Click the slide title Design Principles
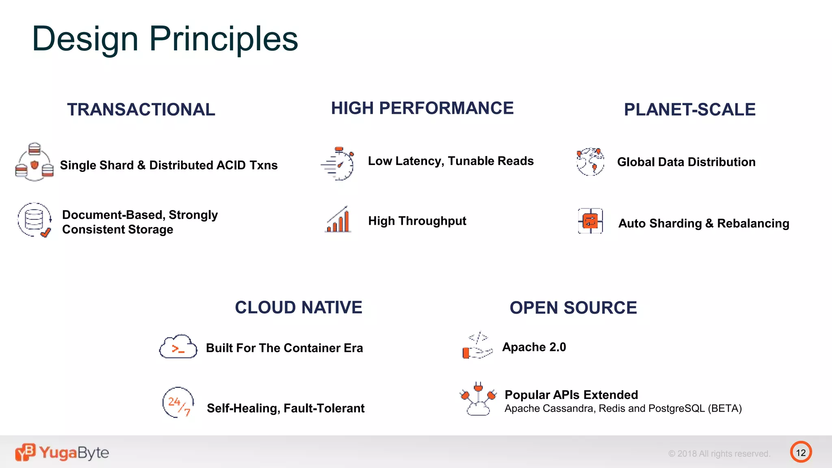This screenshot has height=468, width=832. tap(165, 39)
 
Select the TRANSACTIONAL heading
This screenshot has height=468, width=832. tap(141, 110)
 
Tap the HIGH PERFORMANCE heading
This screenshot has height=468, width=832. tap(422, 108)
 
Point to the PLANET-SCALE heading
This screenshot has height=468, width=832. tap(689, 110)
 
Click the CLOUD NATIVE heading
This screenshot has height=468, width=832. tap(298, 308)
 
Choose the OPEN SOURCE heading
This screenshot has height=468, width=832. tap(573, 308)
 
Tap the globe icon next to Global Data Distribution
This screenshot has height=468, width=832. tap(590, 162)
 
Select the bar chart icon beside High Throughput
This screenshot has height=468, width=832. tap(338, 220)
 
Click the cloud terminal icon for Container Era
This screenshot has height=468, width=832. tap(178, 347)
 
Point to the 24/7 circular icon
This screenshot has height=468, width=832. tap(178, 403)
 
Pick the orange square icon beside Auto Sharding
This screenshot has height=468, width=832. tap(590, 221)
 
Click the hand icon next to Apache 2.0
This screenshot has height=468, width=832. tap(477, 347)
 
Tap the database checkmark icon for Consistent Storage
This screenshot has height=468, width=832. tap(35, 220)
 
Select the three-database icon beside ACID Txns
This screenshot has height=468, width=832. tap(35, 162)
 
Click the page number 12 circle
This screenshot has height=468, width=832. tap(801, 452)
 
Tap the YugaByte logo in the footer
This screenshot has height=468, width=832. tap(62, 452)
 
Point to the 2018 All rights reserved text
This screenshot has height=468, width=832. tap(719, 454)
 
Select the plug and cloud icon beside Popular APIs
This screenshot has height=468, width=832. tap(478, 399)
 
